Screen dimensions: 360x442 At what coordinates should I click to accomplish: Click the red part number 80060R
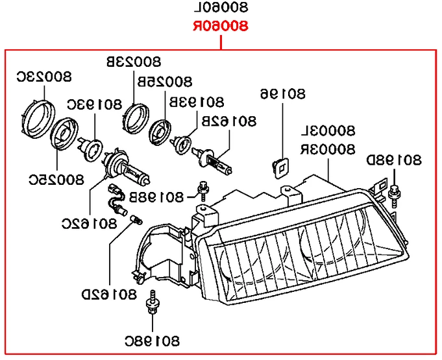[x=221, y=27]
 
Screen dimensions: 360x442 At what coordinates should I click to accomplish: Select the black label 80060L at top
[x=221, y=9]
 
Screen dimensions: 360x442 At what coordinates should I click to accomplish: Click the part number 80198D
[x=395, y=160]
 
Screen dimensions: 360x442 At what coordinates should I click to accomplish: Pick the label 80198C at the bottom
[x=152, y=340]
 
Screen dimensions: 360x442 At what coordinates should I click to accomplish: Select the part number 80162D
[x=108, y=295]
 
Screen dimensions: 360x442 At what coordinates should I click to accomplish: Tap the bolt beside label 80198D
[x=394, y=191]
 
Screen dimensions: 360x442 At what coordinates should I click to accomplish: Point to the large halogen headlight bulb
[x=127, y=169]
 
